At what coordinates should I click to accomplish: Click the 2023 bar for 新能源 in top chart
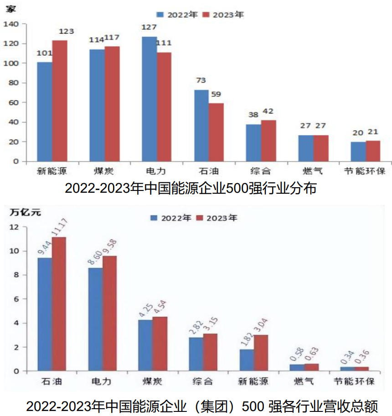pyautogui.click(x=60, y=101)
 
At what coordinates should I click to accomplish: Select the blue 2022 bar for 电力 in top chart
pyautogui.click(x=149, y=99)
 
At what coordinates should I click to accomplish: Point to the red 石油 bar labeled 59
pyautogui.click(x=216, y=132)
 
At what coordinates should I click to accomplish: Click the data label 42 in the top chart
pyautogui.click(x=268, y=111)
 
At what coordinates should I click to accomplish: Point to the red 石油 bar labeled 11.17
pyautogui.click(x=59, y=304)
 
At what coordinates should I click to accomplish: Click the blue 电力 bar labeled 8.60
pyautogui.click(x=95, y=319)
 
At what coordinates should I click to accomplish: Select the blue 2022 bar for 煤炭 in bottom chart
pyautogui.click(x=145, y=345)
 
